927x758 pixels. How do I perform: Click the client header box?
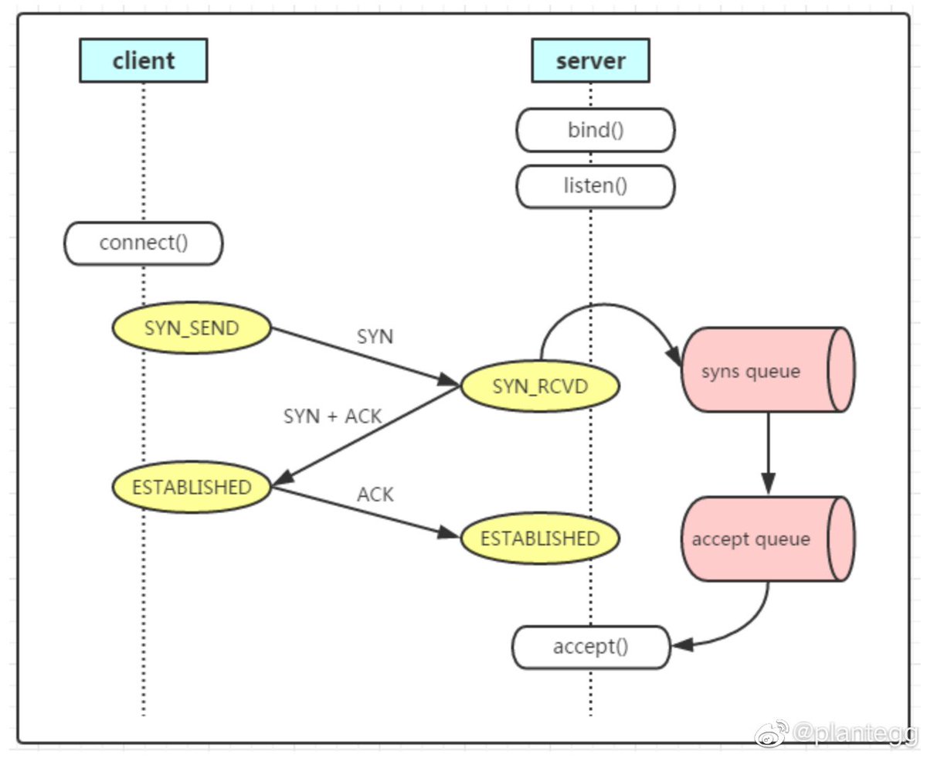pyautogui.click(x=143, y=60)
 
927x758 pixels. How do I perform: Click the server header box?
pyautogui.click(x=590, y=60)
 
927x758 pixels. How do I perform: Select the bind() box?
pyautogui.click(x=595, y=130)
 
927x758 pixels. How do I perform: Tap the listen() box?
pyautogui.click(x=595, y=186)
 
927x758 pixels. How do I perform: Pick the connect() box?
pyautogui.click(x=143, y=243)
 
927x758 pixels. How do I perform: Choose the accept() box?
pyautogui.click(x=591, y=648)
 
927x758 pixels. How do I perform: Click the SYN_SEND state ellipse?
pyautogui.click(x=192, y=328)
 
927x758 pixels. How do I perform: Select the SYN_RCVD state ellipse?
pyautogui.click(x=540, y=386)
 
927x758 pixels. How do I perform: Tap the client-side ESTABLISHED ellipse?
pyautogui.click(x=192, y=487)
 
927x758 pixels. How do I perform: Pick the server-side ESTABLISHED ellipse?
pyautogui.click(x=540, y=538)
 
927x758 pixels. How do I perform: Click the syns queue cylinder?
pyautogui.click(x=768, y=370)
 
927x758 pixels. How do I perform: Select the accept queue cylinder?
pyautogui.click(x=768, y=539)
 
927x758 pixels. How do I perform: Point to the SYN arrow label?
pyautogui.click(x=375, y=337)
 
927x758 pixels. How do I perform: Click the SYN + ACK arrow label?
pyautogui.click(x=333, y=416)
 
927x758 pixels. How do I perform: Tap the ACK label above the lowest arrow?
pyautogui.click(x=375, y=495)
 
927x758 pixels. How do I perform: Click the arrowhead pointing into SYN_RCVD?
pyautogui.click(x=448, y=380)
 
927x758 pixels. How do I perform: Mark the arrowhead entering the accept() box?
pyautogui.click(x=682, y=645)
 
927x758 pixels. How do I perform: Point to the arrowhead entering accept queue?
pyautogui.click(x=769, y=484)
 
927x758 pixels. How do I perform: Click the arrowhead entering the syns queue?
pyautogui.click(x=674, y=355)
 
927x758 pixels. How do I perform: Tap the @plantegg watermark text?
pyautogui.click(x=855, y=733)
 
